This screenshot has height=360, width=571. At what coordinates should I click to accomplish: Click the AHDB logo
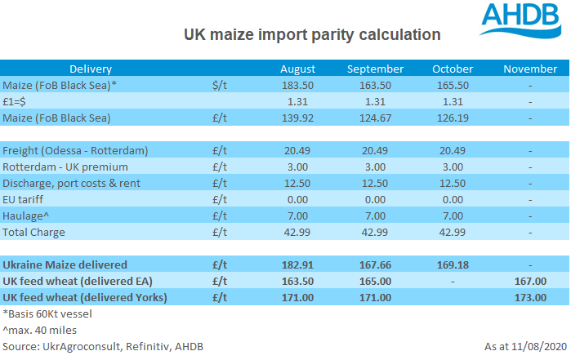pyautogui.click(x=519, y=21)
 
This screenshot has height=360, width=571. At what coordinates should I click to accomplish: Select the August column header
pyautogui.click(x=298, y=69)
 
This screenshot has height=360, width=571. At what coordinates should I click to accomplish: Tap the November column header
pyautogui.click(x=529, y=69)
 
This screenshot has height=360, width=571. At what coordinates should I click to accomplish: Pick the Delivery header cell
pyautogui.click(x=91, y=69)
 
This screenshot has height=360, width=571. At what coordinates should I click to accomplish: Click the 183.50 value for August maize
pyautogui.click(x=298, y=86)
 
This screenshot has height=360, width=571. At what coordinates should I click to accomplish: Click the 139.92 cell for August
pyautogui.click(x=298, y=118)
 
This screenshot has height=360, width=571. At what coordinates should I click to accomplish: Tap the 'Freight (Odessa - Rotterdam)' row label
pyautogui.click(x=75, y=151)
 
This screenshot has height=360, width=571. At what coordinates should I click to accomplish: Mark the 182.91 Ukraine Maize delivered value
pyautogui.click(x=298, y=265)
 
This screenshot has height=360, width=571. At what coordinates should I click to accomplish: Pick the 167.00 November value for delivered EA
pyautogui.click(x=529, y=282)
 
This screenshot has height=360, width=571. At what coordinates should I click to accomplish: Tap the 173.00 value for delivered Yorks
pyautogui.click(x=529, y=298)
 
